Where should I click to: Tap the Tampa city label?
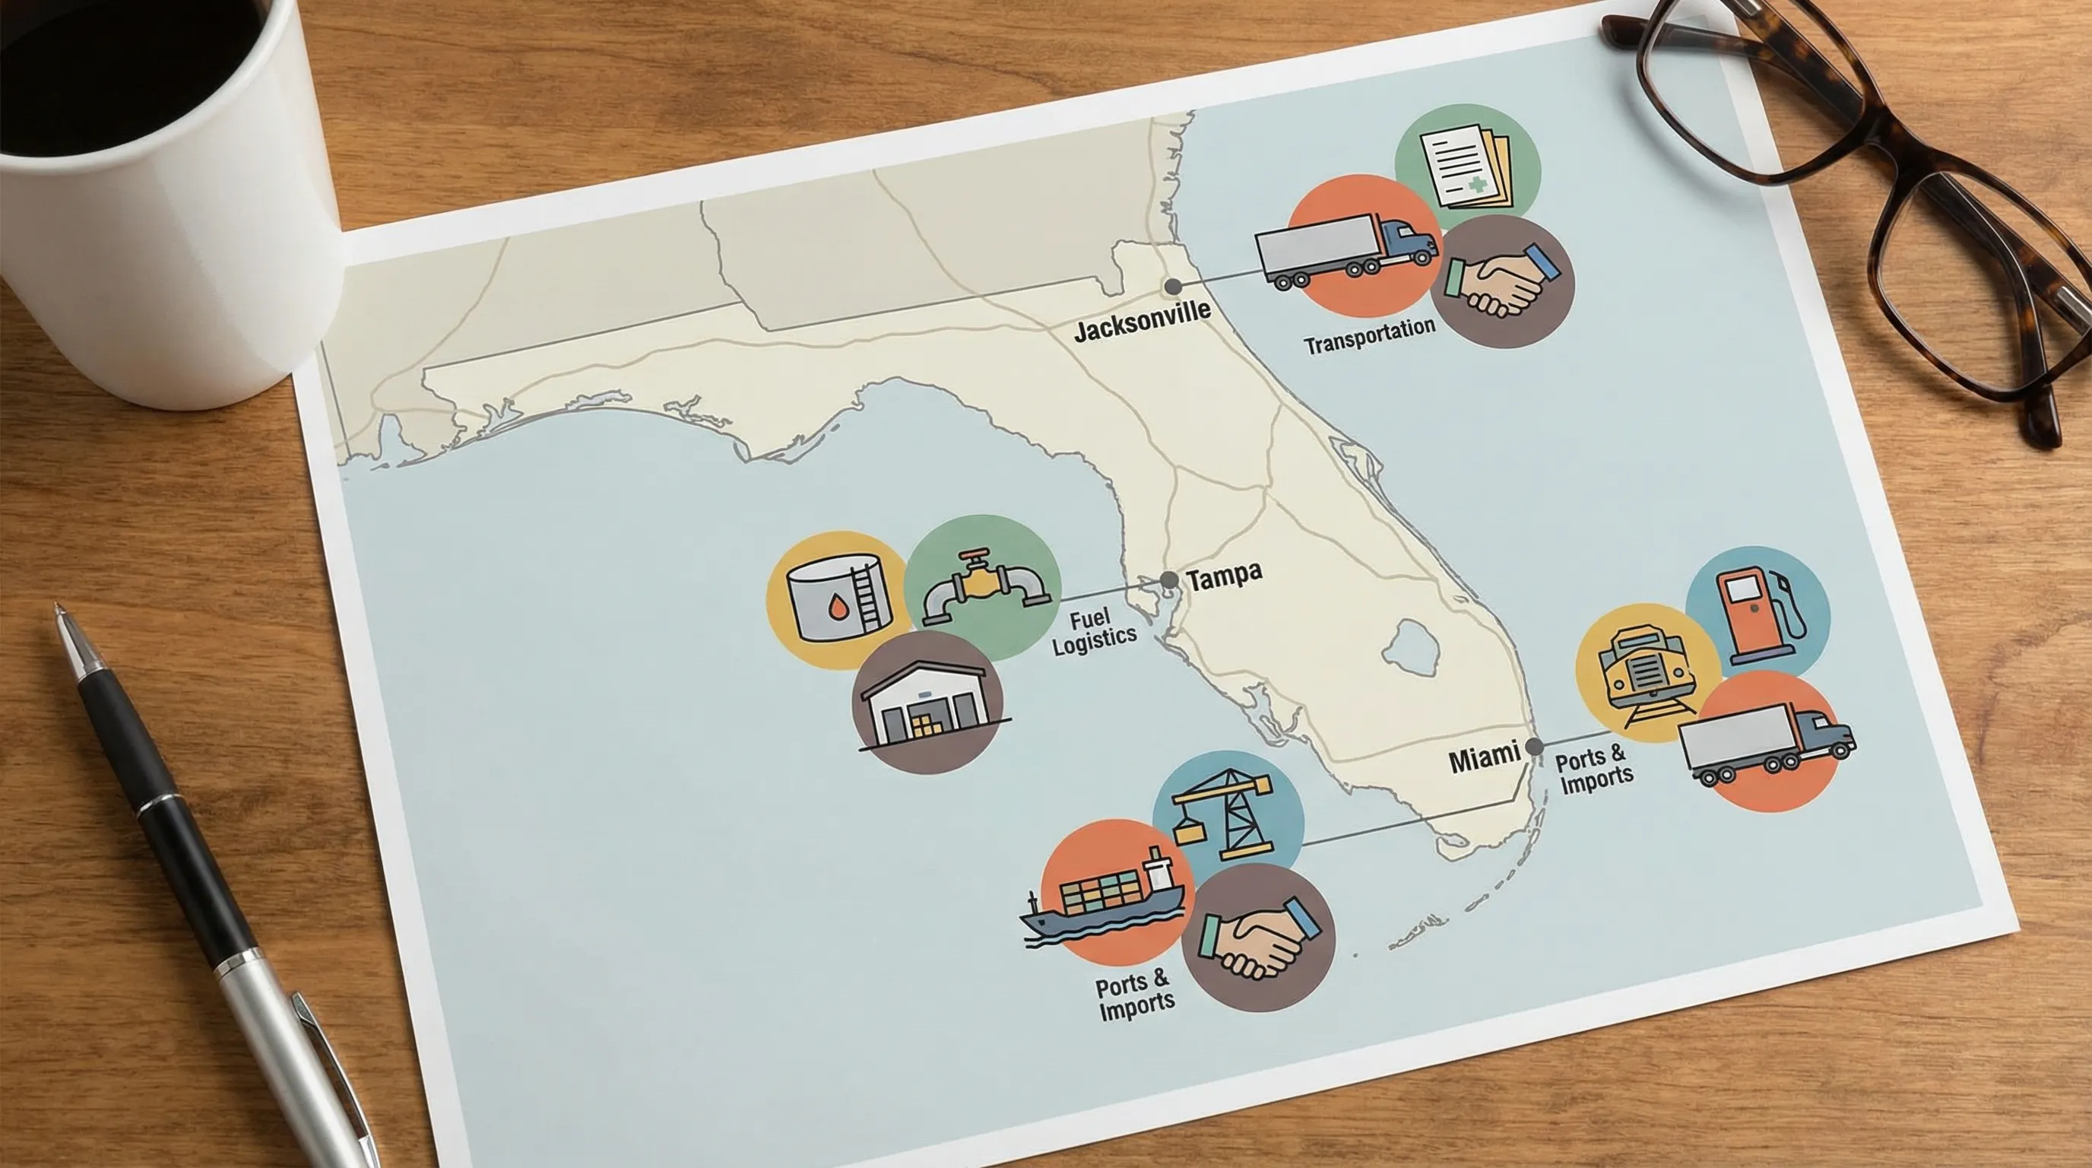tap(1224, 576)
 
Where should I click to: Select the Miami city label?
tap(1484, 759)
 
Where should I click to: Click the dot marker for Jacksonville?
tap(1173, 286)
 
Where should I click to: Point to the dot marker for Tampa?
tap(1168, 580)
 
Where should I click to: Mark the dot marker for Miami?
tap(1534, 747)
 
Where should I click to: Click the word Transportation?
tap(1369, 336)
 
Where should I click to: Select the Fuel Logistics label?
tap(1093, 631)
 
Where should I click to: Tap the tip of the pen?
tap(57, 607)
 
